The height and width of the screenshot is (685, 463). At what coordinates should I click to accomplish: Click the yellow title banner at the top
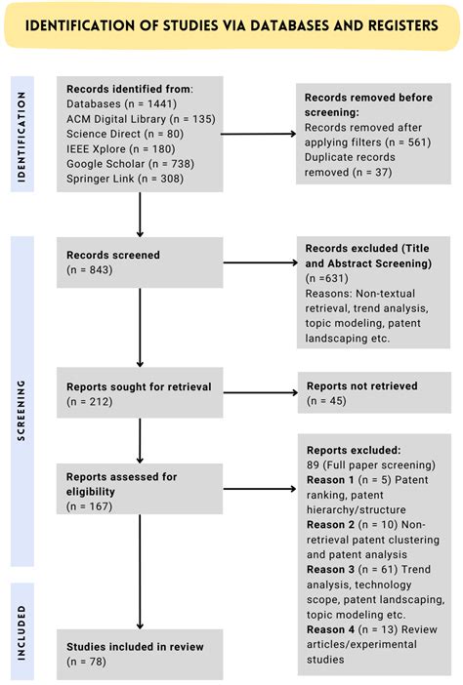[231, 25]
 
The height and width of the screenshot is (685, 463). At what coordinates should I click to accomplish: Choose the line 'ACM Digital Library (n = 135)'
[134, 119]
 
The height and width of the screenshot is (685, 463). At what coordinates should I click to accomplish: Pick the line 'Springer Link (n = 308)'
[118, 179]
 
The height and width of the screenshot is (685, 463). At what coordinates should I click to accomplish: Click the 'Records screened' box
[141, 262]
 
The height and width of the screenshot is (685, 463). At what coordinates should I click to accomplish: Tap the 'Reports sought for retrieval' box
[141, 392]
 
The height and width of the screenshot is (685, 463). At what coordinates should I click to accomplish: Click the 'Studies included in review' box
[141, 654]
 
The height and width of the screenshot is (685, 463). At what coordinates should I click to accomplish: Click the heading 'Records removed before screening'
[368, 105]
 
